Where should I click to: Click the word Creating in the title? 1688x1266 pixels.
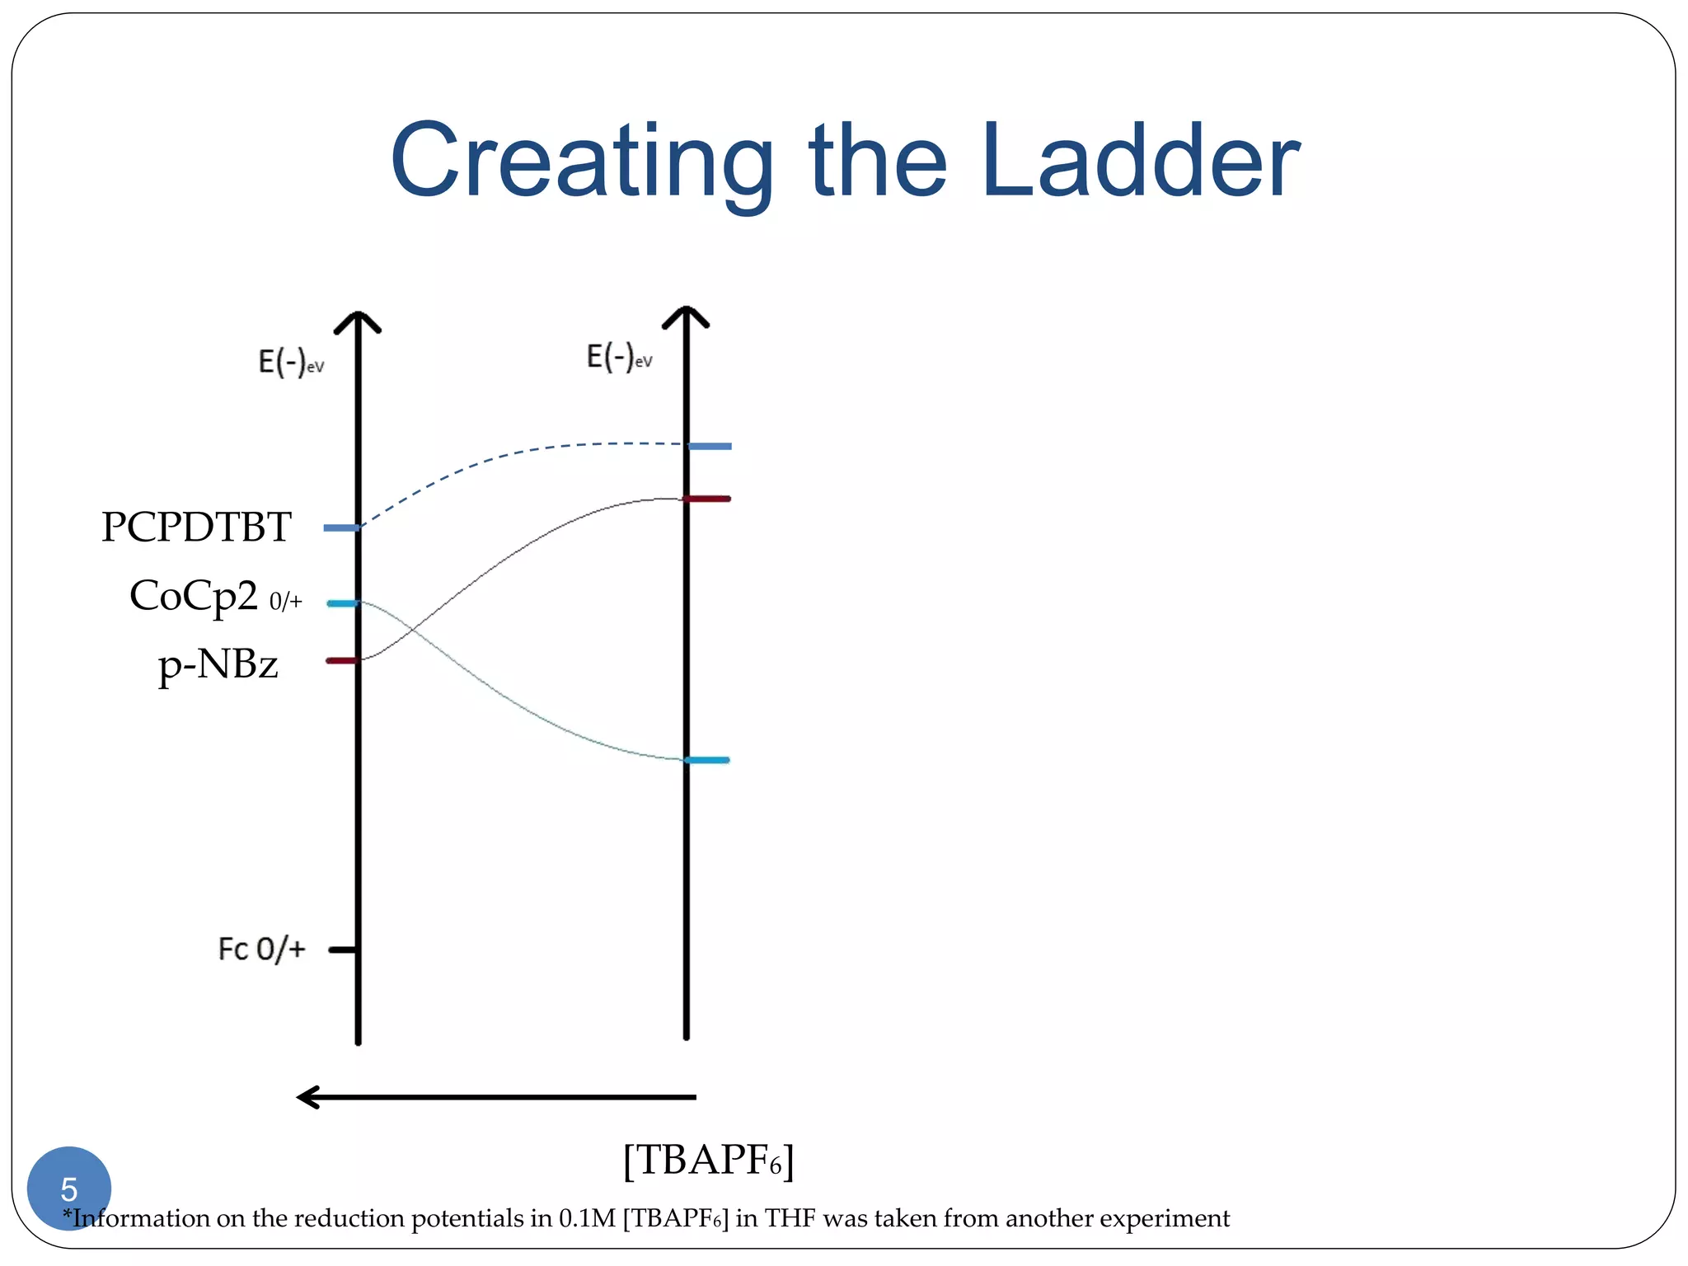coord(581,161)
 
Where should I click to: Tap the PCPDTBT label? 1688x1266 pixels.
coord(196,527)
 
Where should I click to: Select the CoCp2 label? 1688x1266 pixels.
coord(195,595)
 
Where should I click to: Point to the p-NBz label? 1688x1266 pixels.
coord(218,663)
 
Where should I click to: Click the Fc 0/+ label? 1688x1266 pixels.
coord(261,949)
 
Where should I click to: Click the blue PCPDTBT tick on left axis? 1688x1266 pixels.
coord(340,527)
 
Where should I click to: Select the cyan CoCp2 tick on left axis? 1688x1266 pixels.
coord(341,603)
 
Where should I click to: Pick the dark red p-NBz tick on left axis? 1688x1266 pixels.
coord(340,660)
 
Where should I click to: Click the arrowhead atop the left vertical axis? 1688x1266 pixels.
coord(358,321)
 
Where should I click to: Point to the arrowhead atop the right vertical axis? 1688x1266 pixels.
coord(686,316)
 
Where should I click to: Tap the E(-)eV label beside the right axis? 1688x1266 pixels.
coord(619,358)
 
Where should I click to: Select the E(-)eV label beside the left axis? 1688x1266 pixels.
coord(291,363)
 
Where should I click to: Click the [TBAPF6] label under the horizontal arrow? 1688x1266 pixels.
coord(708,1160)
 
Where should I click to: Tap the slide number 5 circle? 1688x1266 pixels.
coord(69,1188)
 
